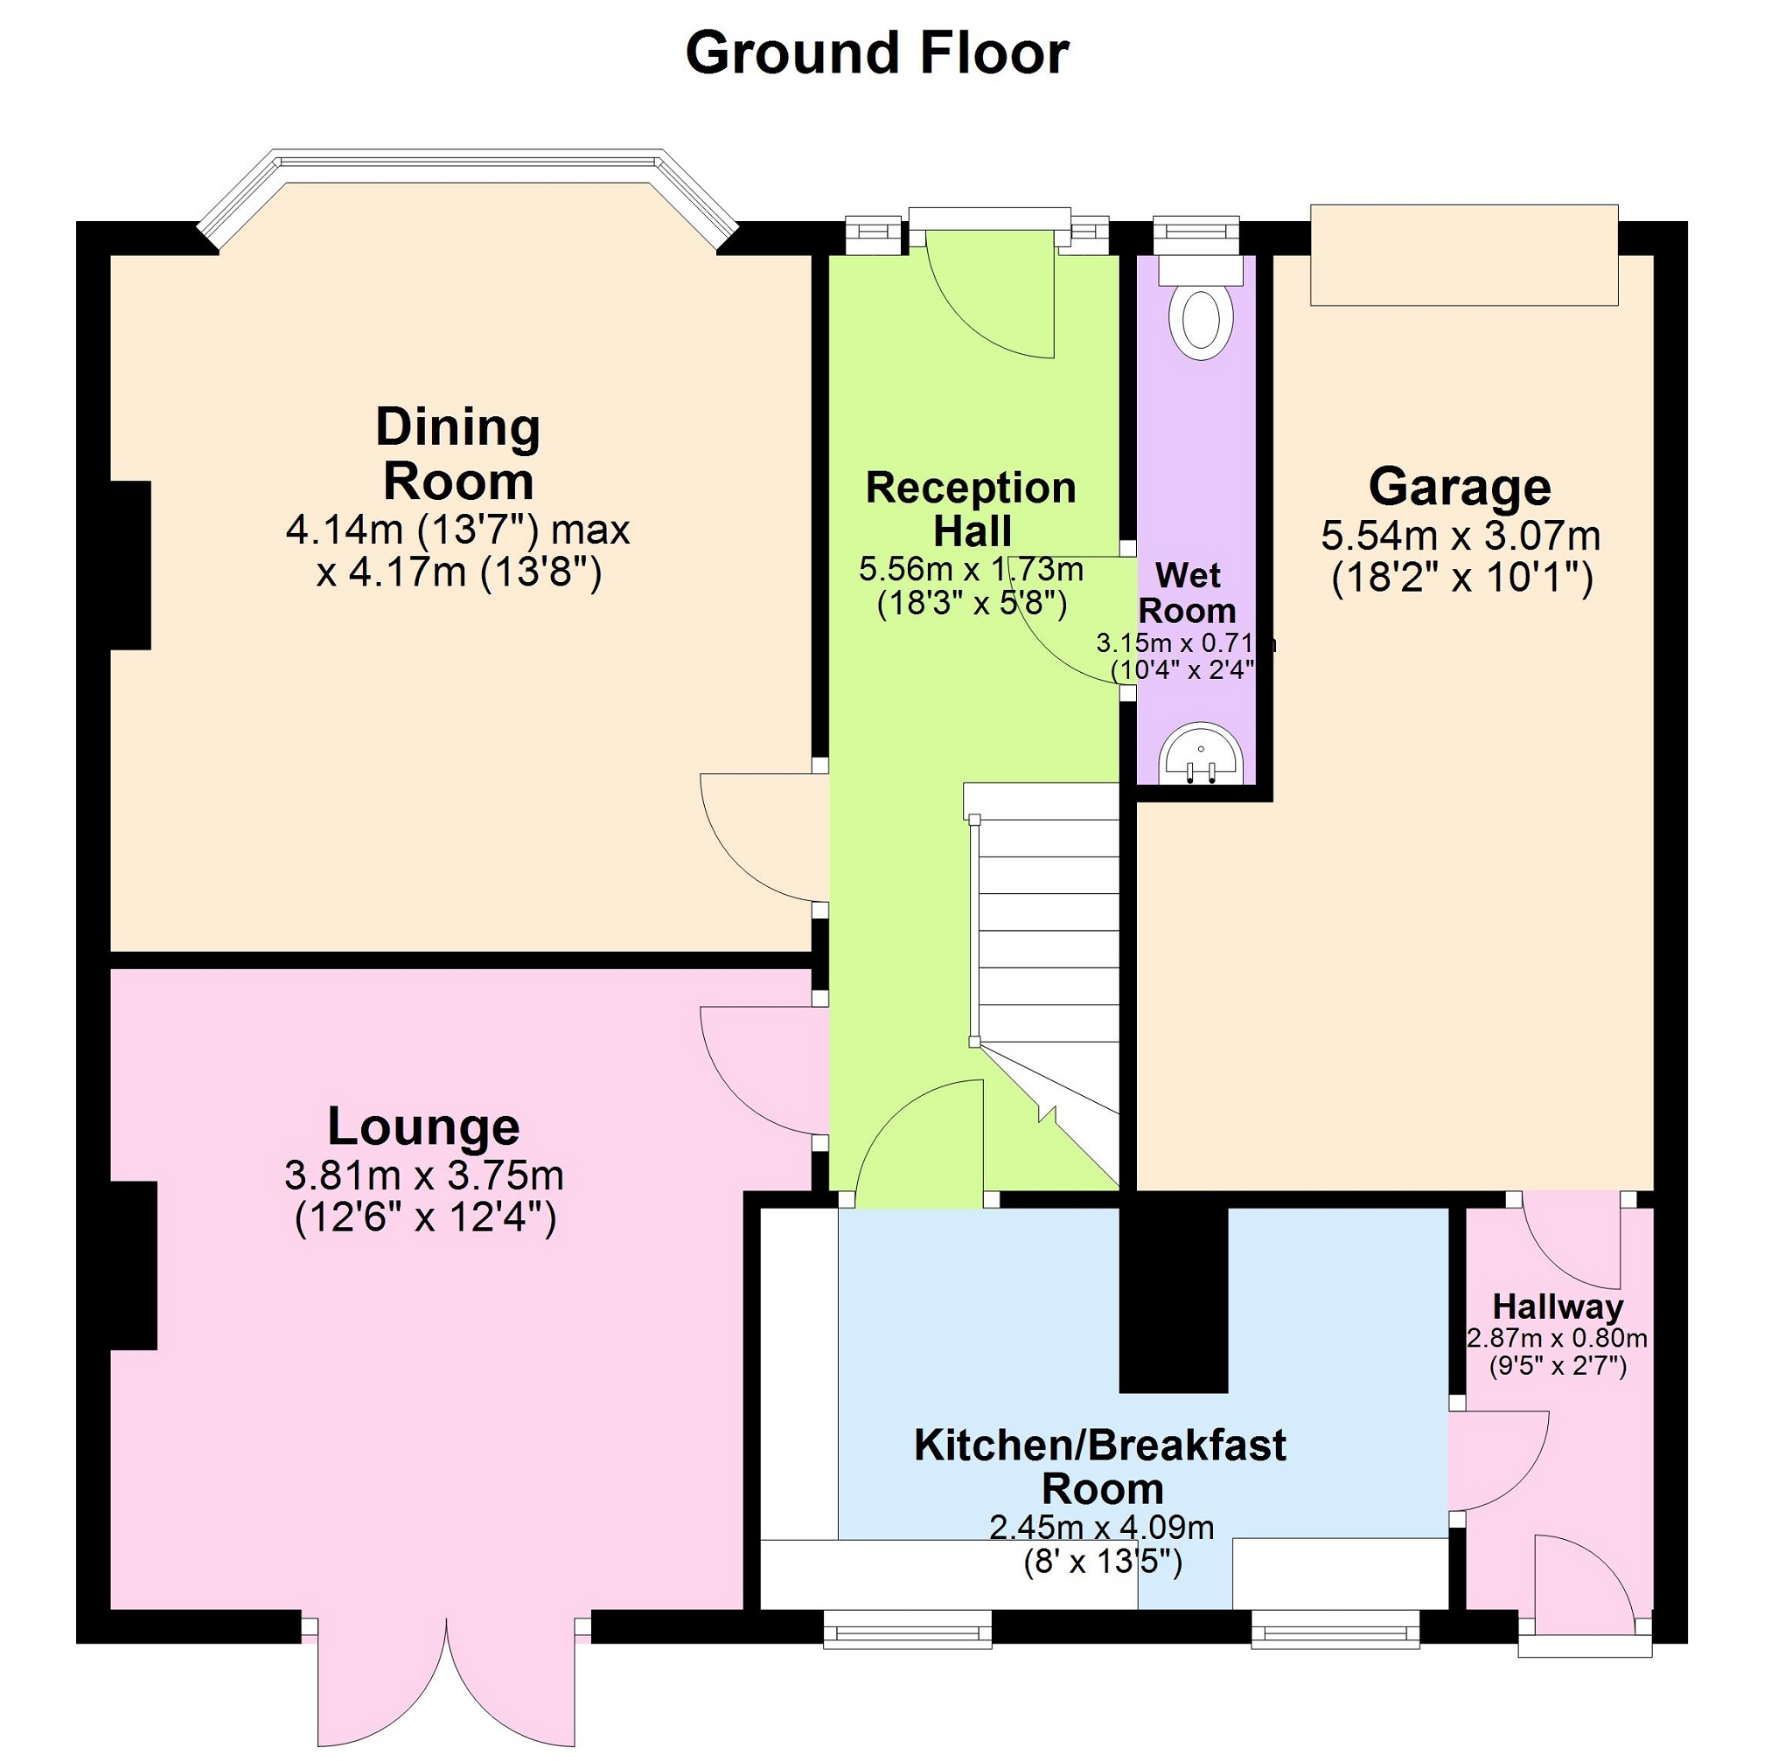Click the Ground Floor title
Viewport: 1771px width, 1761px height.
[x=877, y=53]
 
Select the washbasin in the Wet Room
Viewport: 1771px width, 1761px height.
[x=1201, y=755]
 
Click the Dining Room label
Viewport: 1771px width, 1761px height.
[x=458, y=454]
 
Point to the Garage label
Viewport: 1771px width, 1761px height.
[x=1461, y=487]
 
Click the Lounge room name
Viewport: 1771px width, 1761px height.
[x=423, y=1126]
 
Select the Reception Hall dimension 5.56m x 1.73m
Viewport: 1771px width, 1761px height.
[x=971, y=570]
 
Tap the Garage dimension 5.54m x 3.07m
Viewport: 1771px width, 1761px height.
[x=1461, y=536]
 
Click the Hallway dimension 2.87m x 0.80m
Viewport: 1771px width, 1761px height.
[x=1558, y=1339]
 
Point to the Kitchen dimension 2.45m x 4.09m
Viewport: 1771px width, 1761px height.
[x=1102, y=1528]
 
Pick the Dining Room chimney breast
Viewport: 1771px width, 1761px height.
[x=130, y=565]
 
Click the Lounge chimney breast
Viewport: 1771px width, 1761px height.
[x=133, y=1265]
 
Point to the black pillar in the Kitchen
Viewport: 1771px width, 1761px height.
[x=1175, y=1300]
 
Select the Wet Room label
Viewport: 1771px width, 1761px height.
[x=1188, y=593]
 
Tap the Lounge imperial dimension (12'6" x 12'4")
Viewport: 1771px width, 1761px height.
[x=425, y=1218]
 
